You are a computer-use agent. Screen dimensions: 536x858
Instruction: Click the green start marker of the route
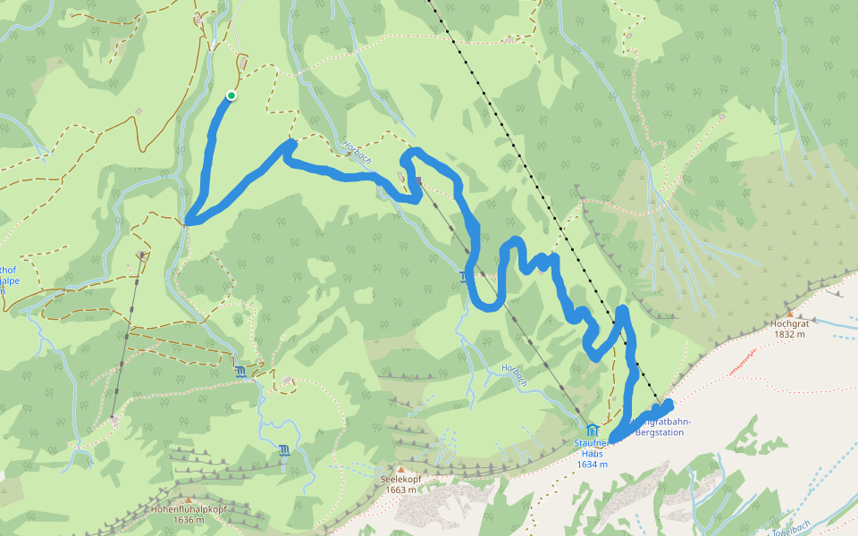pos(231,96)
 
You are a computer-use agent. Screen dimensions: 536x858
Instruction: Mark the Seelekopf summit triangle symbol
pos(400,468)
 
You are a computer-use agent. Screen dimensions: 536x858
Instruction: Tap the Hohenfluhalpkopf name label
pos(189,509)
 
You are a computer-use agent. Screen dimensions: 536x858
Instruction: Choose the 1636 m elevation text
pos(189,520)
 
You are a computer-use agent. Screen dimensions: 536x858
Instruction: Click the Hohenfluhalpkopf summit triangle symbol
pos(189,499)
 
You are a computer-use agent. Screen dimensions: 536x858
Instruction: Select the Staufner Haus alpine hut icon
pos(592,430)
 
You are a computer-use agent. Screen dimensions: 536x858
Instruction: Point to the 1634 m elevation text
pos(592,465)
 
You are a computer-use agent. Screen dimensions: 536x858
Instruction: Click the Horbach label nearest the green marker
pos(357,150)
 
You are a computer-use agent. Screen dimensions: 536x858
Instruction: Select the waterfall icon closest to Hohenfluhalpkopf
pos(283,450)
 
